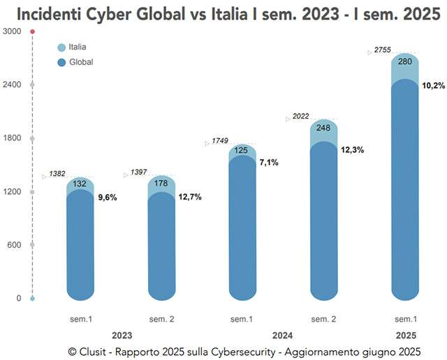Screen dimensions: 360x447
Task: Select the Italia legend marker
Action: pos(61,47)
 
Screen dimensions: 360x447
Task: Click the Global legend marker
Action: pos(61,62)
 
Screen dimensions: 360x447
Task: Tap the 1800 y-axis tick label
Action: pos(12,138)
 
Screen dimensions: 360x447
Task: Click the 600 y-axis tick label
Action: pos(15,245)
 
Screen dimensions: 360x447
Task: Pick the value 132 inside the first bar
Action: pos(80,184)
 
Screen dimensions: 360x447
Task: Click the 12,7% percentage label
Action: pos(188,197)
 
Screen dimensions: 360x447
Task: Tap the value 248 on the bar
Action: pos(323,128)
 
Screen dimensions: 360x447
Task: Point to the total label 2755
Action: pos(383,50)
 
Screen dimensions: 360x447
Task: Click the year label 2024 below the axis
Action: pos(282,334)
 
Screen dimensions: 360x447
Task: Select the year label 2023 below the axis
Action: pos(122,334)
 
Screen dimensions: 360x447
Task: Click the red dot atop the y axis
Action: pos(32,31)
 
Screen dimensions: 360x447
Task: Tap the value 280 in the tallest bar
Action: pos(404,61)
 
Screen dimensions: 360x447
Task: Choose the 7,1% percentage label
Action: pos(268,163)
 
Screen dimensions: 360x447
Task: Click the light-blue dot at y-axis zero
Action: pos(32,299)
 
